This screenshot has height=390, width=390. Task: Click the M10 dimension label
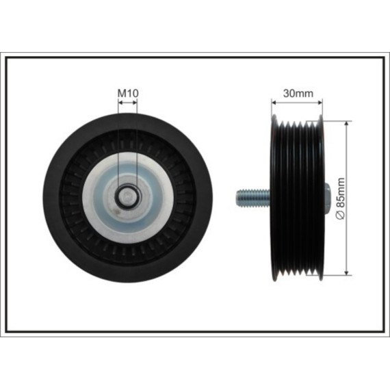[128, 93]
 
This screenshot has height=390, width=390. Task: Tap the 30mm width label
[298, 94]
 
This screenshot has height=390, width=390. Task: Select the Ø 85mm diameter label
[340, 198]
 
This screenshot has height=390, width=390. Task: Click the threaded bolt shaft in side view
[253, 198]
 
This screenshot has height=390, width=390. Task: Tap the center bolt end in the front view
[128, 196]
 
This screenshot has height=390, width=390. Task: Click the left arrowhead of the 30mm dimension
[274, 102]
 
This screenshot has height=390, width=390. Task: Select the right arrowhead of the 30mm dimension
[320, 102]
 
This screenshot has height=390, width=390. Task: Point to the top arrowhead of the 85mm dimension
[346, 124]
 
